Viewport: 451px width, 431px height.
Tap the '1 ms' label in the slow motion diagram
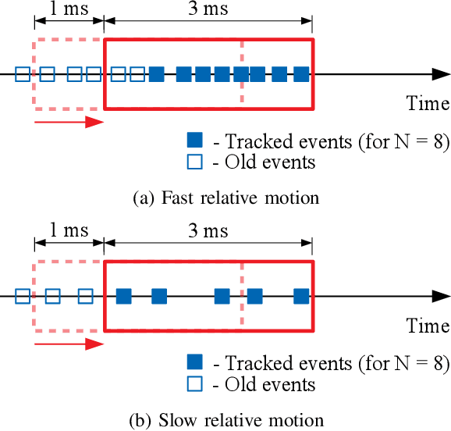[67, 231]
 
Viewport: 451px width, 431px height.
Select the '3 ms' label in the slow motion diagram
[208, 231]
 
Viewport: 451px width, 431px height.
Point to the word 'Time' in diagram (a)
[428, 103]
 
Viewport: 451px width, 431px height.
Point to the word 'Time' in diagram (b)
[428, 326]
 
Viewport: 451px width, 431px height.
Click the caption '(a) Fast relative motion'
[225, 198]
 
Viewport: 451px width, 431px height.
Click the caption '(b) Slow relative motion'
[225, 420]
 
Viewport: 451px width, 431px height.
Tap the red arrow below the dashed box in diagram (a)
[69, 122]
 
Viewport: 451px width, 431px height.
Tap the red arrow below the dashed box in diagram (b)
[69, 344]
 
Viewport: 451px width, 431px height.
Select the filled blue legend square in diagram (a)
[194, 141]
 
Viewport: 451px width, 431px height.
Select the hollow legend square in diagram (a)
[194, 162]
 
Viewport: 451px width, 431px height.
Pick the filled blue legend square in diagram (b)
[194, 362]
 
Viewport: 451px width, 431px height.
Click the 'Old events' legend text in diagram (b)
[269, 384]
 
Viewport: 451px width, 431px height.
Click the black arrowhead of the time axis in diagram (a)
[440, 74]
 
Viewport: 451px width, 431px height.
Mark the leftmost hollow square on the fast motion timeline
[23, 74]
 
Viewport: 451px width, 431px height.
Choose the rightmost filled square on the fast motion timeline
[302, 74]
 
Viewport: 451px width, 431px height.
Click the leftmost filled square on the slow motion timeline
[123, 296]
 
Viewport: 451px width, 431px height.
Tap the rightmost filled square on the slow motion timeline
[302, 296]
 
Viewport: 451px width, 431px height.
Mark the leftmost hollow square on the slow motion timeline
[23, 296]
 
